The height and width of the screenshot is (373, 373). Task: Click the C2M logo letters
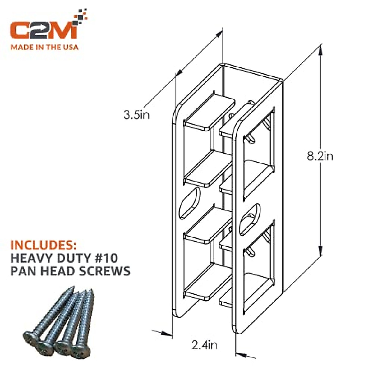[x=44, y=30]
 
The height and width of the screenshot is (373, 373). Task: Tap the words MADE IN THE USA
[x=44, y=47]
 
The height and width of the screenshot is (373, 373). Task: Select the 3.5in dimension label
[x=136, y=115]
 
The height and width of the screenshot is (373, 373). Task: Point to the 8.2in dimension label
[x=320, y=156]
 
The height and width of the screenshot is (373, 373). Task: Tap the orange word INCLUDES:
[x=44, y=245]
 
